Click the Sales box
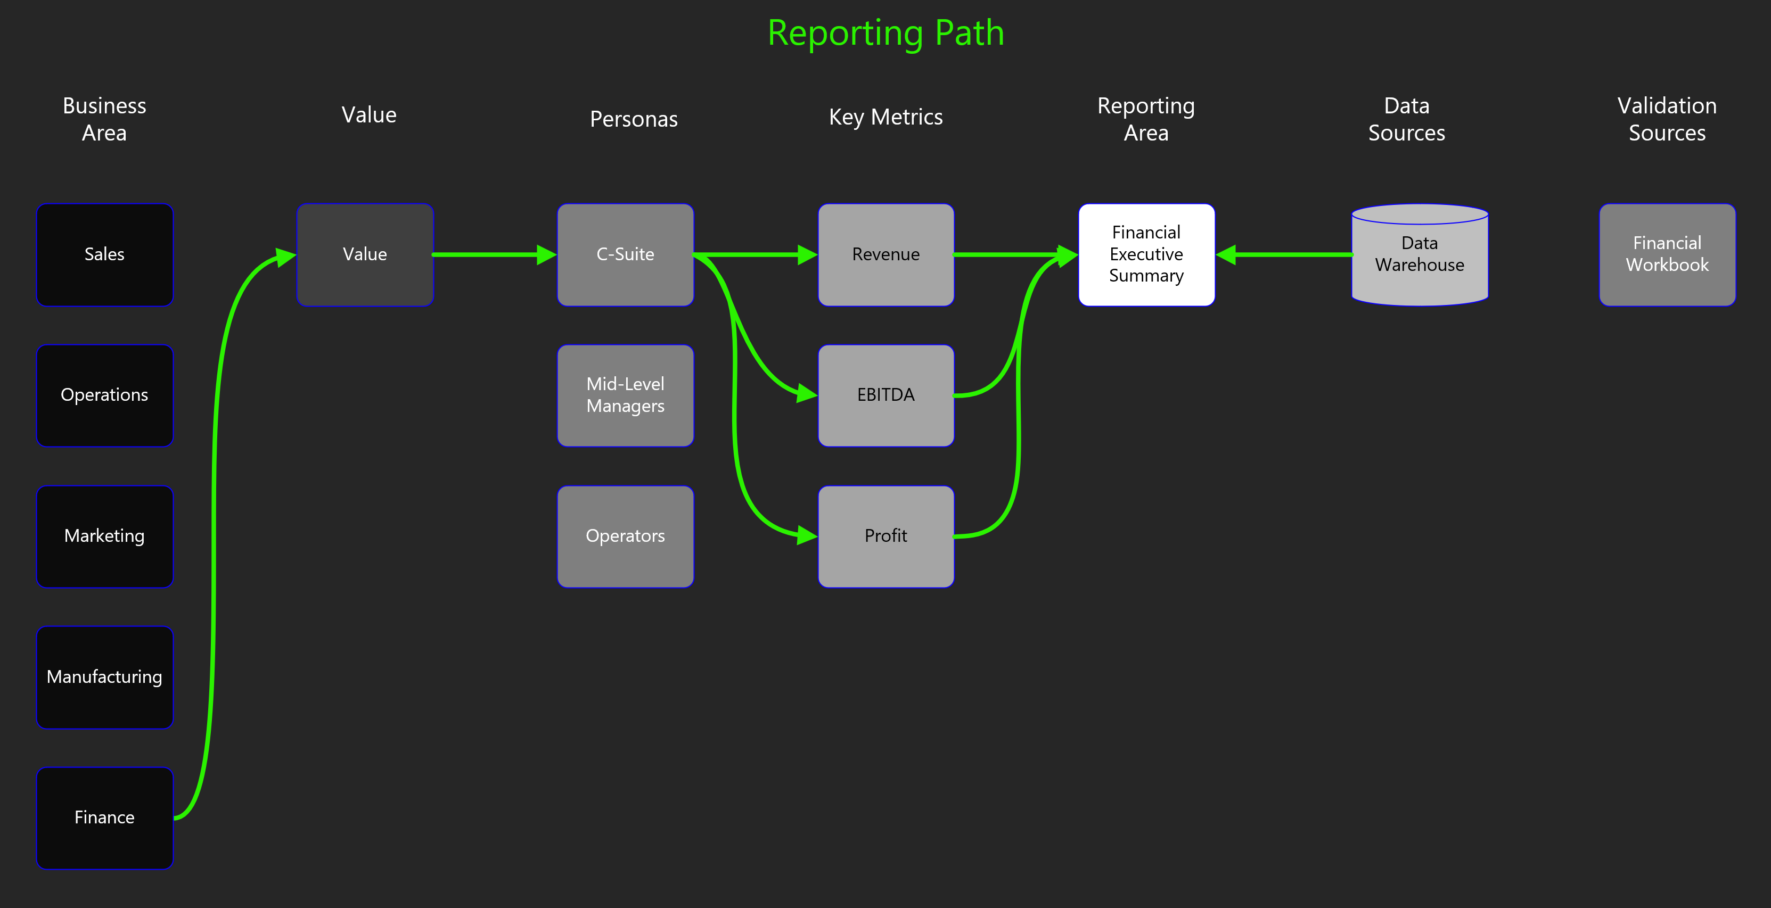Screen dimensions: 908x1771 click(x=104, y=254)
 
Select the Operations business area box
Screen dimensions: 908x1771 click(x=104, y=395)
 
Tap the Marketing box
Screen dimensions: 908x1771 click(x=104, y=536)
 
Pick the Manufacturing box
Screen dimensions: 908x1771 click(x=104, y=677)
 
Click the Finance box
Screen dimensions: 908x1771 click(x=104, y=818)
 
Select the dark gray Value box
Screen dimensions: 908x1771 click(x=365, y=254)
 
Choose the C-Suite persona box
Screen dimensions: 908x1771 click(x=626, y=254)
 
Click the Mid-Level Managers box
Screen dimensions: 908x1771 click(x=626, y=395)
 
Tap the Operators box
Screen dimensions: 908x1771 click(x=626, y=536)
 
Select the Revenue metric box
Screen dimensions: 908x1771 click(x=886, y=254)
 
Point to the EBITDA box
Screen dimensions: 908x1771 click(x=886, y=395)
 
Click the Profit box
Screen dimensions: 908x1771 click(x=886, y=536)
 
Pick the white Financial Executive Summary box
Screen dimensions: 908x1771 click(x=1147, y=254)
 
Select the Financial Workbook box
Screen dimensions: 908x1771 click(x=1667, y=254)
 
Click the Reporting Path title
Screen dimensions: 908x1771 click(x=886, y=33)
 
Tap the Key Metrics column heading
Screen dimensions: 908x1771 click(x=886, y=118)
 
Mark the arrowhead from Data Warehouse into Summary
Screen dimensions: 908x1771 click(x=1226, y=255)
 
